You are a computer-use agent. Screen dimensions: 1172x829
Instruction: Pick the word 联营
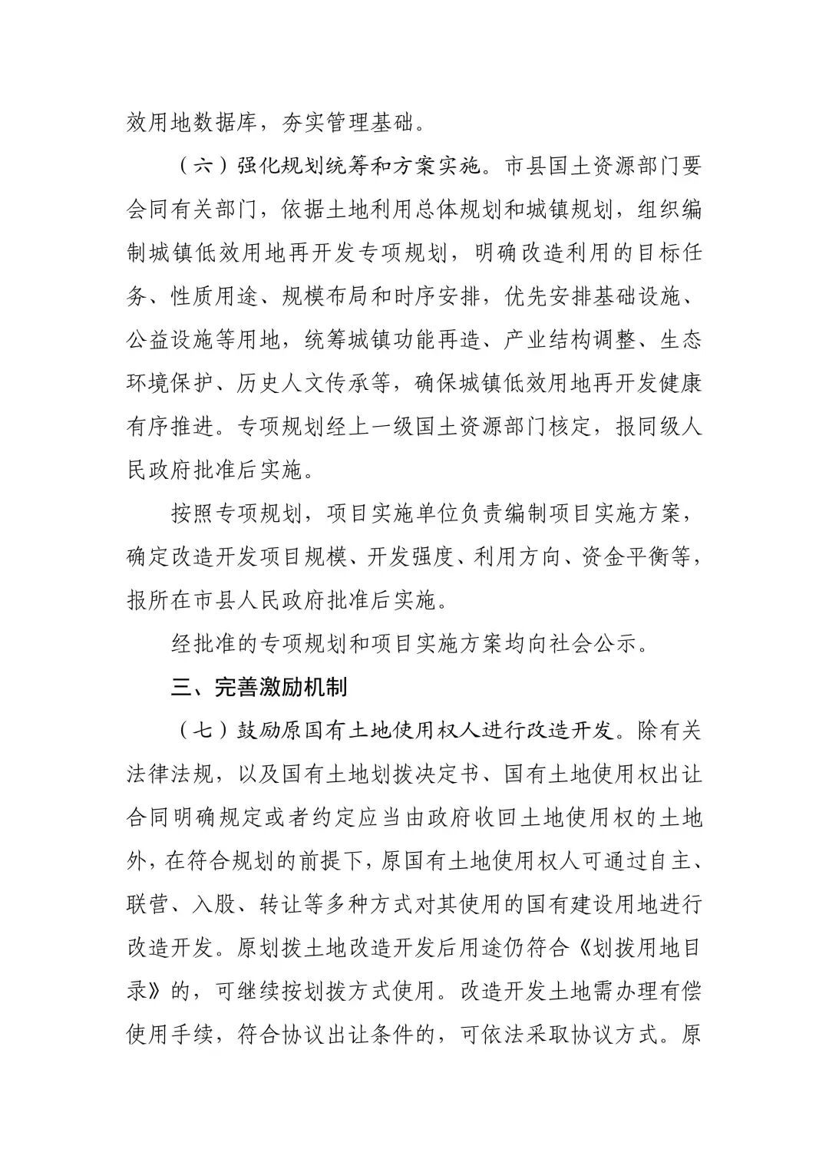147,904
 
